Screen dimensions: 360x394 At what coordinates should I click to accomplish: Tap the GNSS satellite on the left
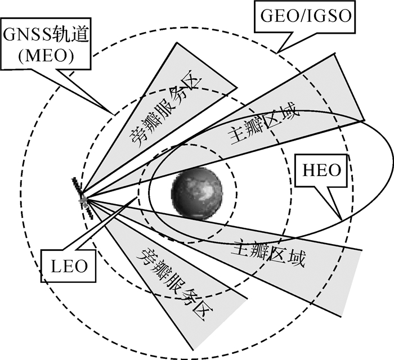(x=83, y=199)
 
